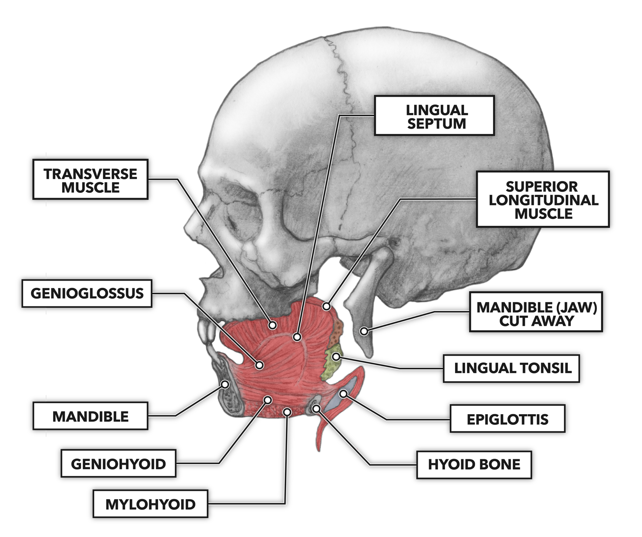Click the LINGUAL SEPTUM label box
[434, 116]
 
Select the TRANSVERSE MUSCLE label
[90, 180]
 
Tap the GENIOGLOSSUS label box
[87, 294]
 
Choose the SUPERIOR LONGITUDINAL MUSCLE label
[543, 199]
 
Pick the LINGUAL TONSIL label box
[511, 368]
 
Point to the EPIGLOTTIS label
[507, 419]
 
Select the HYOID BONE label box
[474, 465]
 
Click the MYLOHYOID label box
[150, 504]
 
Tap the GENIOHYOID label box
[118, 463]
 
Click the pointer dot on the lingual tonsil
[336, 357]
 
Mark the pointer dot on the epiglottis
[343, 394]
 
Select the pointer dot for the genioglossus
[259, 365]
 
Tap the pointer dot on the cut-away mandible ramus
[364, 331]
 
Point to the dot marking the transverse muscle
[273, 325]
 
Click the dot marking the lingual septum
[297, 337]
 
